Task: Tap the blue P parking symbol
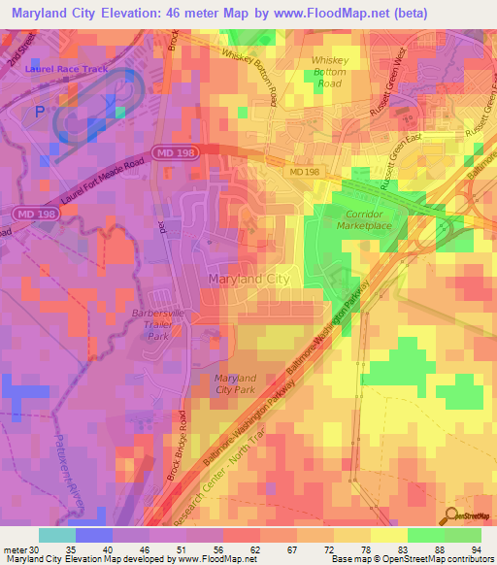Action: (40, 113)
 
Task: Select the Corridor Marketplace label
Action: (365, 219)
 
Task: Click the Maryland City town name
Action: (248, 280)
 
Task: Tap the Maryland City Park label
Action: (234, 383)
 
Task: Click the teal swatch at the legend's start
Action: (56, 535)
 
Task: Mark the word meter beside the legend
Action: (14, 549)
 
